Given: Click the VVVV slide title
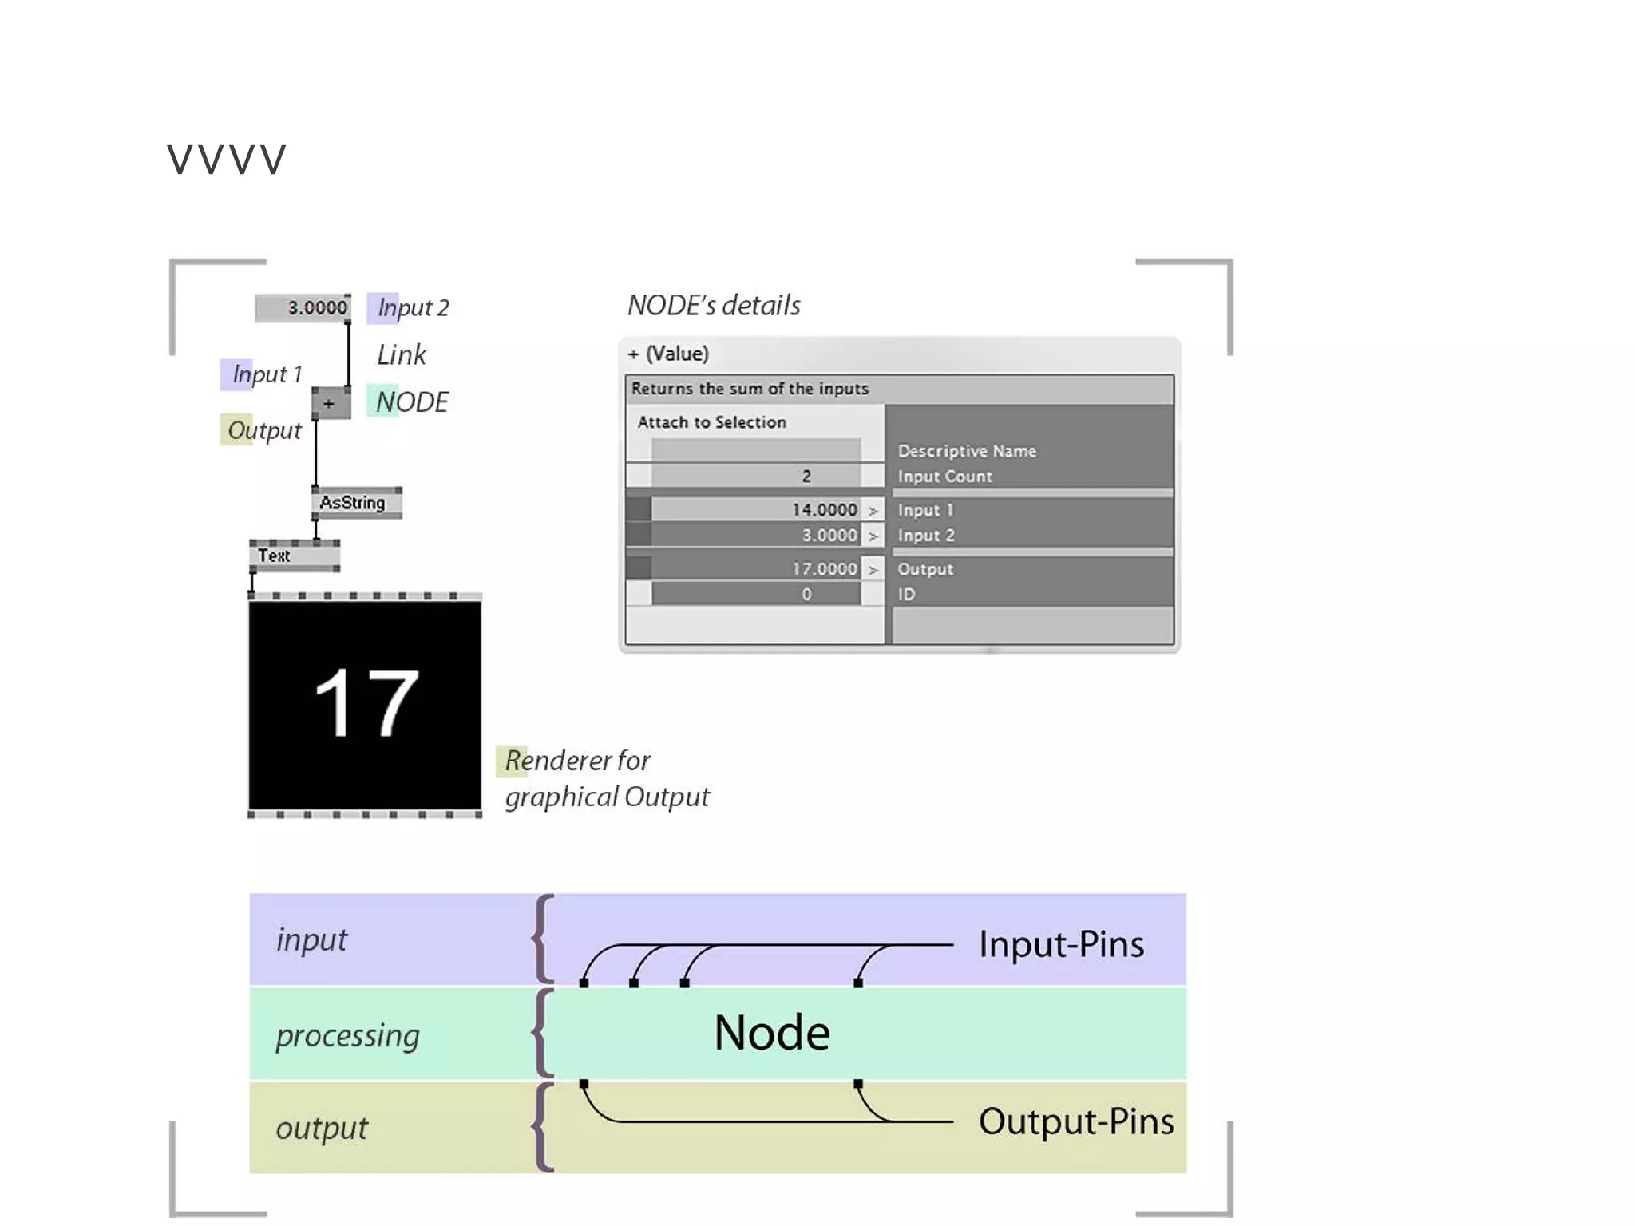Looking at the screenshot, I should point(226,160).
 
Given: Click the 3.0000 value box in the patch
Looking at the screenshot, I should point(302,307).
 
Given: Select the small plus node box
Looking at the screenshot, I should point(331,403).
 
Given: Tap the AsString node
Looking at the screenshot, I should point(355,503).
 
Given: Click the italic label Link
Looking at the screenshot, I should point(402,354).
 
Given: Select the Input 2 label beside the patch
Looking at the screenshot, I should point(412,307).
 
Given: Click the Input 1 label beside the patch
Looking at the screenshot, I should point(266,374).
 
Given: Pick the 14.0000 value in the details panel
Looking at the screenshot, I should point(824,509).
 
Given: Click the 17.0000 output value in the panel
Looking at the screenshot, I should point(824,568).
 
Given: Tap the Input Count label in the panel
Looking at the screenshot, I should point(944,477).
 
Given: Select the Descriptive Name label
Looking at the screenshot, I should point(966,451).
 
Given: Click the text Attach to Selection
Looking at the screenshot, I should point(711,422).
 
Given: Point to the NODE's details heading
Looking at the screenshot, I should point(714,305).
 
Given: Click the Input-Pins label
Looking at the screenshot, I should point(1061,944).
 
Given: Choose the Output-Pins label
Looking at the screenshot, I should point(1075,1121).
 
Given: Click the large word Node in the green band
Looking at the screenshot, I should point(771,1033).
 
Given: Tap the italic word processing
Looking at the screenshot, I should point(347,1036).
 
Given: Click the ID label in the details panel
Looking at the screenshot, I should point(906,595).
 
